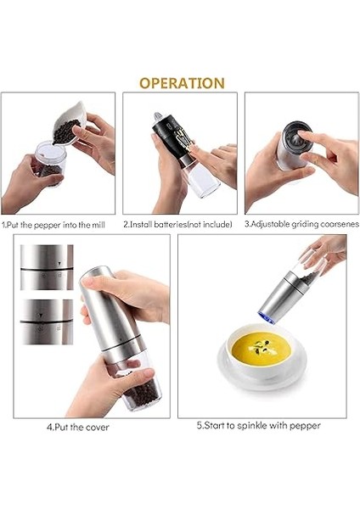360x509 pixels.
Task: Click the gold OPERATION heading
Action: [182, 83]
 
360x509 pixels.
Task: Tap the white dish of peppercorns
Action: [70, 123]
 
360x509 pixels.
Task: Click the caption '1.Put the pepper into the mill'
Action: [53, 225]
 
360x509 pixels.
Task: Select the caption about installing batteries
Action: [177, 224]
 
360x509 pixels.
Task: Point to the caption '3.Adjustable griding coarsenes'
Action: [302, 224]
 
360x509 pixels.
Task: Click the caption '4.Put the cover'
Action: [77, 427]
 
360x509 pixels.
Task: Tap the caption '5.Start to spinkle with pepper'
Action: [259, 426]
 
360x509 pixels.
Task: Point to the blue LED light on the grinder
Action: [266, 317]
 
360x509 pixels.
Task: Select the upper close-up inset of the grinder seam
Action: [47, 267]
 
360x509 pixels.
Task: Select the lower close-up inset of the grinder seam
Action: [47, 322]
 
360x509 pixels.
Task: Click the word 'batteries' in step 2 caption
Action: [171, 224]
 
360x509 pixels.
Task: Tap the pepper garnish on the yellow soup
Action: [261, 347]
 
